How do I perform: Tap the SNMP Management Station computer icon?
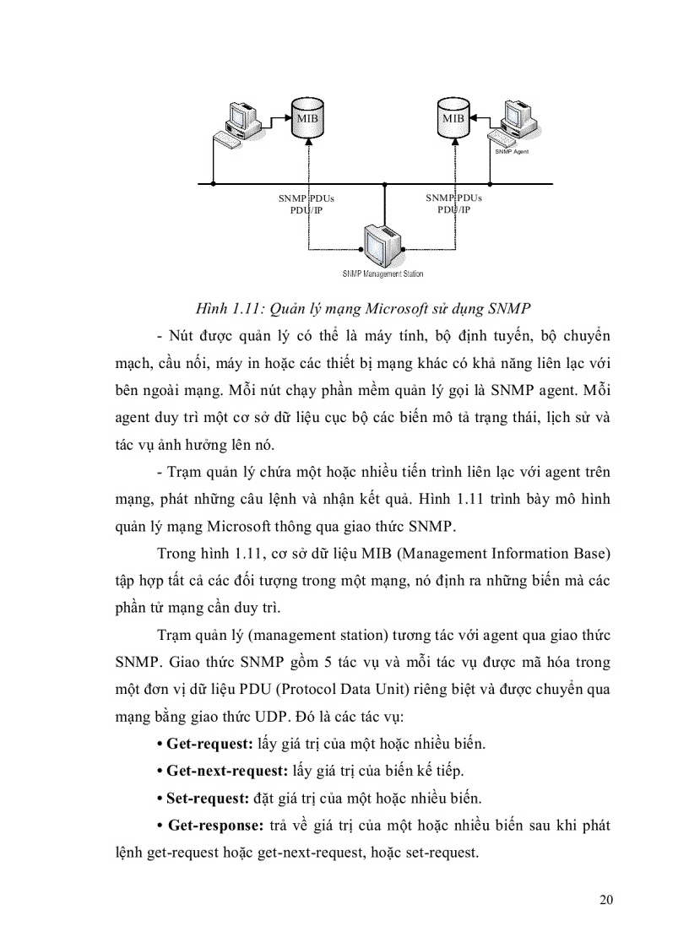(384, 245)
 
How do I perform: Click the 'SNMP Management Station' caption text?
(383, 274)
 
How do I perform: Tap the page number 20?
(606, 899)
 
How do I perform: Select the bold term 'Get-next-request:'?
(223, 771)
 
